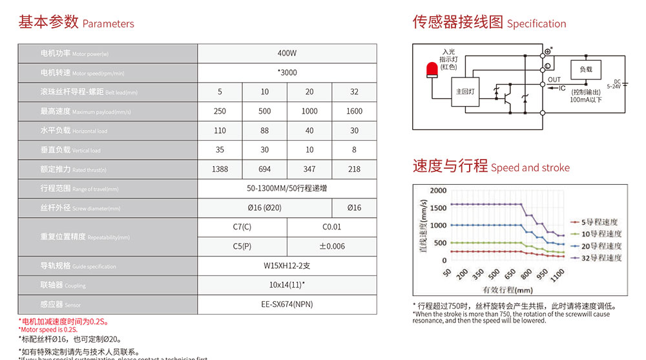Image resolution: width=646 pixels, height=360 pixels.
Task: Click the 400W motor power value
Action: click(287, 53)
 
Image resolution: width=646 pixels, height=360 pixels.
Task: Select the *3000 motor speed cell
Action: click(287, 72)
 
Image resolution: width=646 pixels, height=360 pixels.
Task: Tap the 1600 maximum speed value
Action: click(354, 111)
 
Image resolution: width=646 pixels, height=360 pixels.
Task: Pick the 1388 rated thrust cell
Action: click(220, 169)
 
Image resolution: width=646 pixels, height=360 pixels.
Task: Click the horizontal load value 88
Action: click(265, 131)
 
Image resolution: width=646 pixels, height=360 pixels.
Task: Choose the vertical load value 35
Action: click(220, 149)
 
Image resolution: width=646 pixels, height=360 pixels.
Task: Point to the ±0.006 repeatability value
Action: click(332, 246)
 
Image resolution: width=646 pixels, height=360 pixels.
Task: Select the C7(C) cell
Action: click(242, 227)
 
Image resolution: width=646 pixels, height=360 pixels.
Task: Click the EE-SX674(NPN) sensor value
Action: click(287, 304)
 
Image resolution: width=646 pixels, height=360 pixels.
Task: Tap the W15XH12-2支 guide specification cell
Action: click(287, 266)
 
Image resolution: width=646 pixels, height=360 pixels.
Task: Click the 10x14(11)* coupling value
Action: click(287, 284)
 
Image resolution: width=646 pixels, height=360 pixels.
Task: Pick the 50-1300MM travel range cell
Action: click(287, 188)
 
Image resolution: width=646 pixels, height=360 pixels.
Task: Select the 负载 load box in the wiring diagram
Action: click(585, 69)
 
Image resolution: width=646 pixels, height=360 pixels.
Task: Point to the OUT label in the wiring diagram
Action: click(554, 80)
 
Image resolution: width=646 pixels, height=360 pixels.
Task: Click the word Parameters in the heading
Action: click(109, 24)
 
